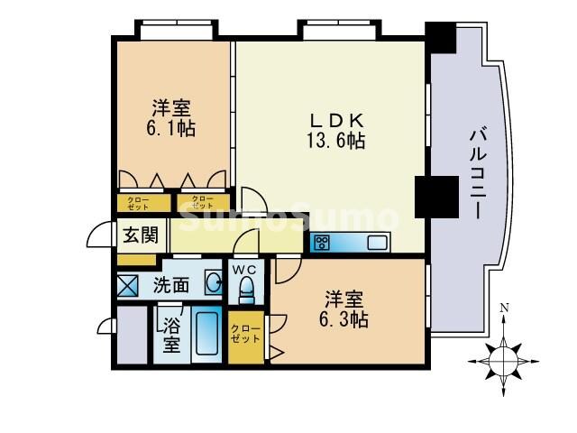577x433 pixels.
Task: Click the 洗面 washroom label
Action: pyautogui.click(x=170, y=286)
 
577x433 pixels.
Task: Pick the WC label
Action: pyautogui.click(x=245, y=269)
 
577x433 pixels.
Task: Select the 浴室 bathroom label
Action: pyautogui.click(x=171, y=334)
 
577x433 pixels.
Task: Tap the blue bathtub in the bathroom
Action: pyautogui.click(x=207, y=336)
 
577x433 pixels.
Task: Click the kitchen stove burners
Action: pyautogui.click(x=323, y=242)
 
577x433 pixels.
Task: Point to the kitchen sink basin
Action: pyautogui.click(x=376, y=242)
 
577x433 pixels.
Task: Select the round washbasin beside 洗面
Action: pyautogui.click(x=213, y=283)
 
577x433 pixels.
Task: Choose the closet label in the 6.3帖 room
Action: pyautogui.click(x=245, y=334)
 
